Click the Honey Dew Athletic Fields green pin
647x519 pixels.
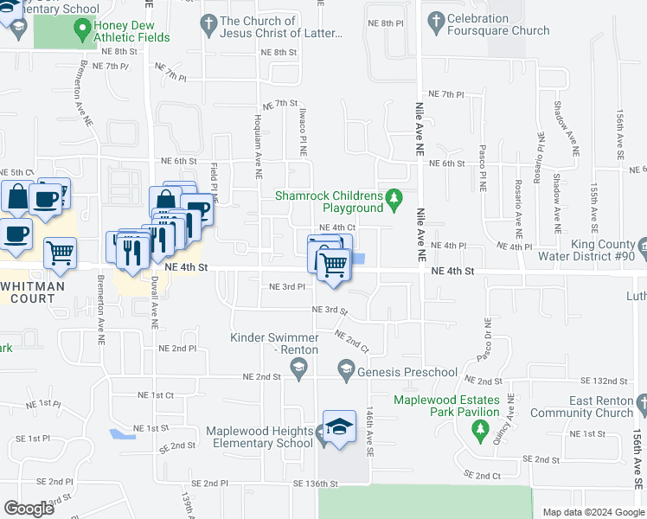pos(83,31)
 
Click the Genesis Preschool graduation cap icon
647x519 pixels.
pos(345,372)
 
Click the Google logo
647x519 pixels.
pos(29,509)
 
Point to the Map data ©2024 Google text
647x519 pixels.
pos(593,512)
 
